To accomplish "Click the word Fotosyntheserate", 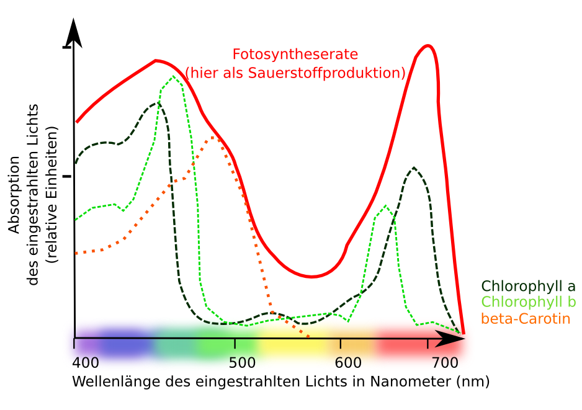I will point(295,54).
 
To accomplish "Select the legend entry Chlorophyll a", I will point(528,287).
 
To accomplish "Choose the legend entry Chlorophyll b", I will point(528,303).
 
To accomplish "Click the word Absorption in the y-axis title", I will point(14,194).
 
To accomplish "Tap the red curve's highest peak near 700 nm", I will point(427,45).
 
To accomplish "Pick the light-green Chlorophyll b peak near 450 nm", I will point(172,76).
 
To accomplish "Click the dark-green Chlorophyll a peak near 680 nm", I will point(413,167).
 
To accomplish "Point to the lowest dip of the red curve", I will point(312,276).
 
